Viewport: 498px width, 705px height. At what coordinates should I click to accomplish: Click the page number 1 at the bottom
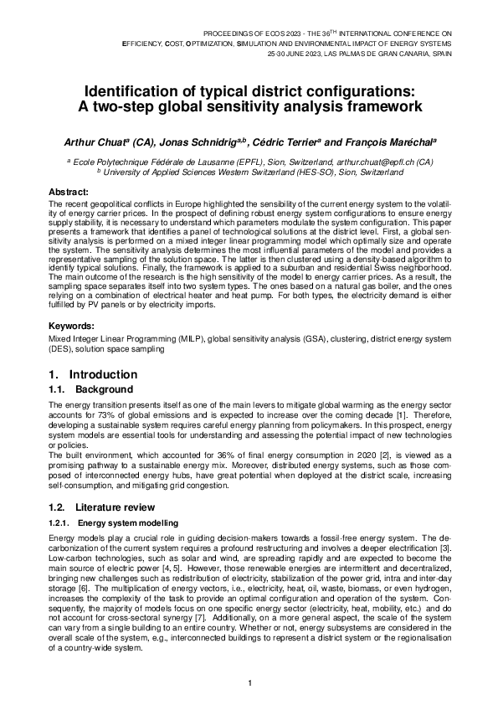[249, 683]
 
